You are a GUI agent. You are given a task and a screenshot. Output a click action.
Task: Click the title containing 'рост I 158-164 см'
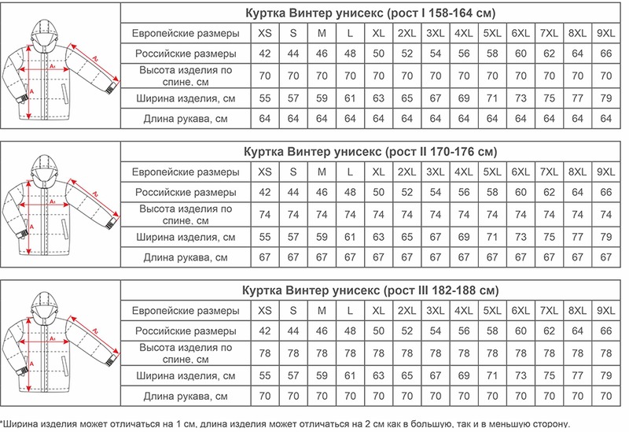[x=369, y=12]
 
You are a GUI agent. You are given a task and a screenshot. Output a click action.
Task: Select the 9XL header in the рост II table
[x=605, y=172]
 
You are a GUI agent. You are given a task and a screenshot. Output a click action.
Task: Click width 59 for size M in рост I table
[x=322, y=98]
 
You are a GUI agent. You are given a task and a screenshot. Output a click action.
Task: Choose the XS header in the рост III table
[x=264, y=309]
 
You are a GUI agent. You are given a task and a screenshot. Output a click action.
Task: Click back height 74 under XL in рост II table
[x=378, y=215]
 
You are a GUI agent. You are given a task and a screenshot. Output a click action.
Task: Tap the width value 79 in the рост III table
[x=605, y=375]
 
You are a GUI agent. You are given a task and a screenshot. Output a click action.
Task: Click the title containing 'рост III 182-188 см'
[x=369, y=290]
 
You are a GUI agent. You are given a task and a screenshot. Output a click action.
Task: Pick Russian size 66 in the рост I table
[x=605, y=54]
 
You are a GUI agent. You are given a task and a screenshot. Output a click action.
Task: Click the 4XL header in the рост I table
[x=463, y=33]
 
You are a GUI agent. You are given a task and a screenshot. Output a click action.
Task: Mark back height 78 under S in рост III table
[x=292, y=353]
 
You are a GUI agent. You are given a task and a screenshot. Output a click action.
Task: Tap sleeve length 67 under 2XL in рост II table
[x=406, y=257]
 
